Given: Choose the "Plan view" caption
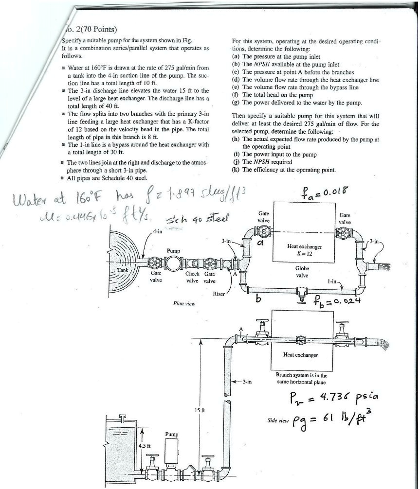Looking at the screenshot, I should [184, 303].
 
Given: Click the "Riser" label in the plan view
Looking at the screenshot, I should [219, 294].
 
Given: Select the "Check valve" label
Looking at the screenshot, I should [193, 277].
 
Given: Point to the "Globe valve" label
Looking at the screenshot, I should [302, 272].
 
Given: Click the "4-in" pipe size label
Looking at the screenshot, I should [157, 231].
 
